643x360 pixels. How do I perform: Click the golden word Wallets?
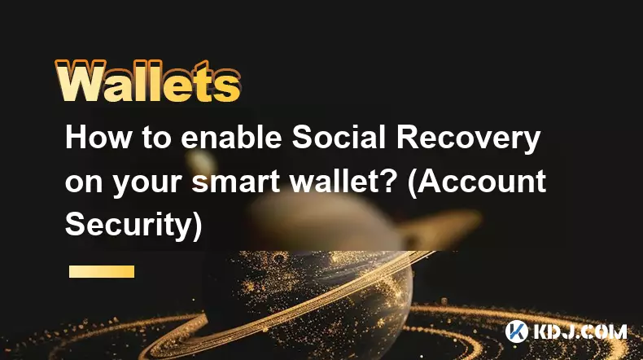coord(148,81)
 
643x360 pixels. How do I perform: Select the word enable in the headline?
coord(231,138)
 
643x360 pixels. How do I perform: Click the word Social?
coord(339,138)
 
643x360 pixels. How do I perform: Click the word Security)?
coord(133,224)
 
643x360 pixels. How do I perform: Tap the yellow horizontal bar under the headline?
coord(102,272)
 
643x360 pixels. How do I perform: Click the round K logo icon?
coord(517,331)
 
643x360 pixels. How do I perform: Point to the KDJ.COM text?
coord(580,331)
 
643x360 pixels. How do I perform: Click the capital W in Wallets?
coord(79,82)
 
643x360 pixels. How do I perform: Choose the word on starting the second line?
coord(84,183)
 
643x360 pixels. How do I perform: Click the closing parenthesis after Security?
coord(197,226)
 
